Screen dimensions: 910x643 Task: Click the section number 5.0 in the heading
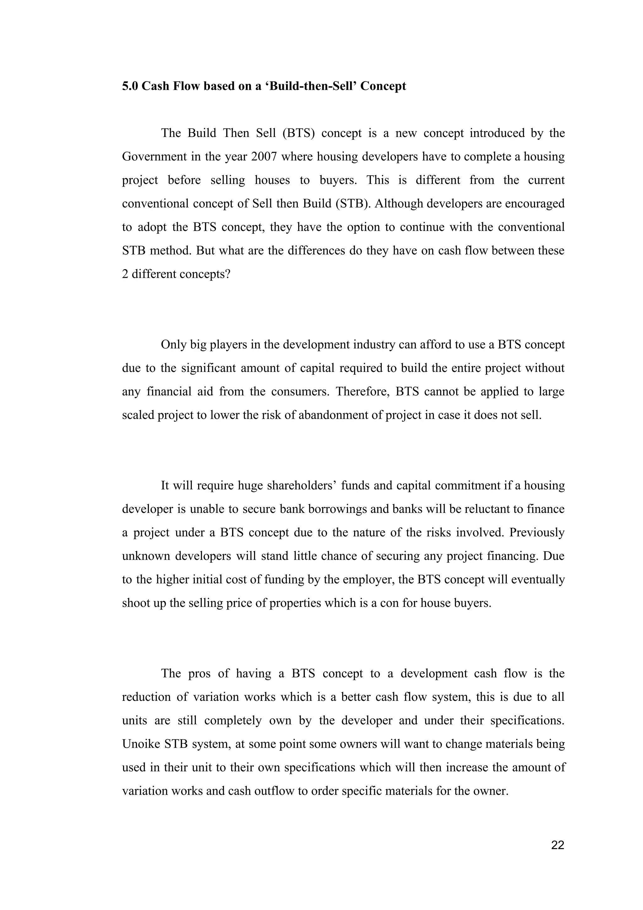pos(130,86)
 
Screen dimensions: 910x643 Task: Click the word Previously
pos(537,533)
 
